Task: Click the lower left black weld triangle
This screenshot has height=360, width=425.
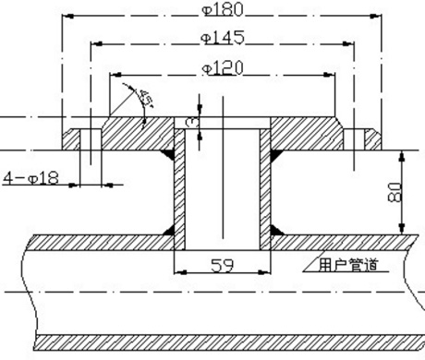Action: [171, 228]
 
